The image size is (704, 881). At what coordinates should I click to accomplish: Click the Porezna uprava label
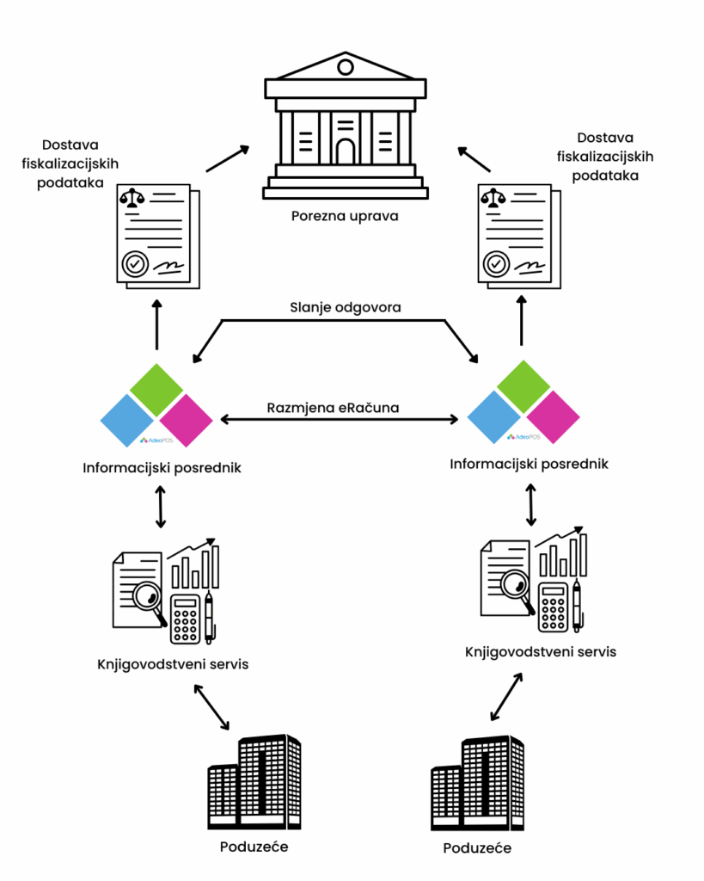(x=344, y=215)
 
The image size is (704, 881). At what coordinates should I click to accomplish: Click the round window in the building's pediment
(x=345, y=66)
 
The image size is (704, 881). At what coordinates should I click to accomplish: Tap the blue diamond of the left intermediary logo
(x=127, y=421)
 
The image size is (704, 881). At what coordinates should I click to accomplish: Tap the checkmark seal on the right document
(x=496, y=262)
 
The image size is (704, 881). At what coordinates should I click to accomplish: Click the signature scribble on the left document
(x=168, y=263)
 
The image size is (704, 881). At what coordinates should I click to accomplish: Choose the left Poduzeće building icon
(x=254, y=781)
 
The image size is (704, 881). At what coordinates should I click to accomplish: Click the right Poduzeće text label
(x=477, y=848)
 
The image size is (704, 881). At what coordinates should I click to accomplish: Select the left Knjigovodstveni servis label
(x=173, y=665)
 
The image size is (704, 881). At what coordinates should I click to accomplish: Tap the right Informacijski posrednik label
(x=529, y=464)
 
